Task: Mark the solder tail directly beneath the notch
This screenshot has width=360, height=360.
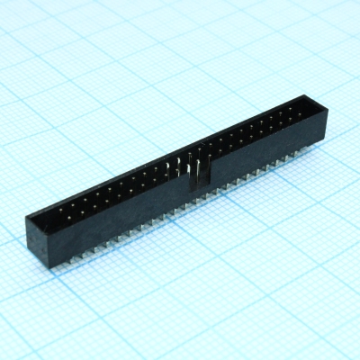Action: (x=197, y=201)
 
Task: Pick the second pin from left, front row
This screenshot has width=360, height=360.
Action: (x=71, y=211)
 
